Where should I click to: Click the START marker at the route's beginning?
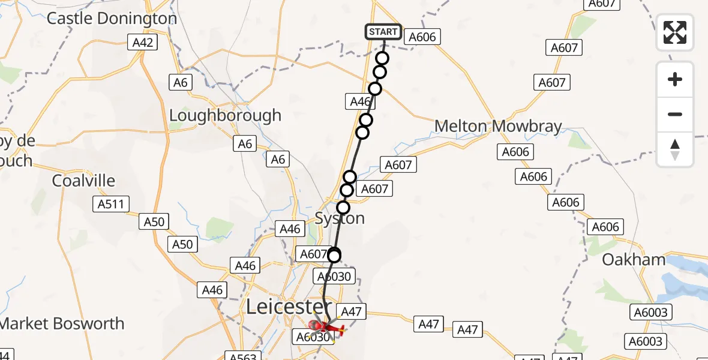(383, 32)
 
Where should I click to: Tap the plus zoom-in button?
(675, 79)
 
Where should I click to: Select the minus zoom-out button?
(675, 114)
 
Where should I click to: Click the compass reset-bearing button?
(675, 149)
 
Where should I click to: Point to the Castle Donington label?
(112, 18)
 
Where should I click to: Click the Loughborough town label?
(225, 115)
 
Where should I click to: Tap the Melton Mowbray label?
(498, 127)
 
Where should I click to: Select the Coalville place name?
(83, 181)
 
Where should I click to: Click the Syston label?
(340, 218)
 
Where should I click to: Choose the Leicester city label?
(286, 307)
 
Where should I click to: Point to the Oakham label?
(634, 260)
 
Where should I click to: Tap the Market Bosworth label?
(62, 324)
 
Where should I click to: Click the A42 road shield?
(143, 42)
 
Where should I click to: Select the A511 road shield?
(111, 204)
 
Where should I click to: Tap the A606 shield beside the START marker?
(422, 37)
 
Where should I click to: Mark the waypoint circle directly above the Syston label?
(343, 208)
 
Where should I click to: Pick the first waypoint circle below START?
(382, 58)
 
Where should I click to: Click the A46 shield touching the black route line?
(361, 102)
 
